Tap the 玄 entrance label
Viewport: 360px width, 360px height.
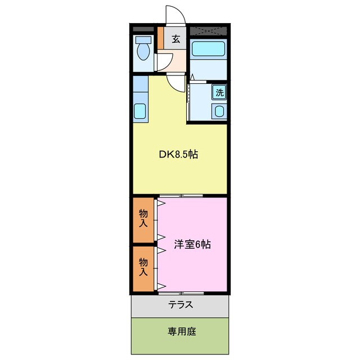(x=176, y=39)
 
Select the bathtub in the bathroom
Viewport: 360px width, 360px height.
(x=208, y=49)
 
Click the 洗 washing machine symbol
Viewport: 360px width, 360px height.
(x=220, y=92)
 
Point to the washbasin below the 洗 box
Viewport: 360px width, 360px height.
(x=220, y=111)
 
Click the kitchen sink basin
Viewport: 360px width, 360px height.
(x=140, y=110)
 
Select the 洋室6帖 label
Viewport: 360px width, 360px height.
(x=192, y=245)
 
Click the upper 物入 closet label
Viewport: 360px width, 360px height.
(x=143, y=218)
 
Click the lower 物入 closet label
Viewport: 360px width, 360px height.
(x=143, y=267)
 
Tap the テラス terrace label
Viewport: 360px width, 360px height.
(x=181, y=305)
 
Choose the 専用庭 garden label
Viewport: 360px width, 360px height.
(x=181, y=331)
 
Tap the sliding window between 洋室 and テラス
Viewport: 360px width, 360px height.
(x=181, y=293)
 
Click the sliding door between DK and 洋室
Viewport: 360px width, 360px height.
(x=181, y=196)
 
